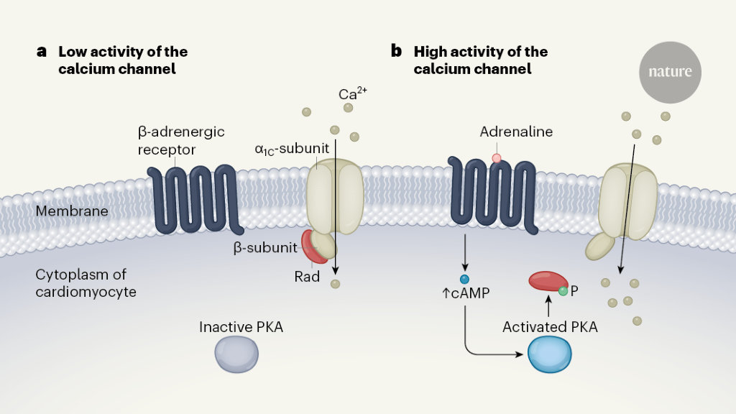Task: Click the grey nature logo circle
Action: [x=670, y=72]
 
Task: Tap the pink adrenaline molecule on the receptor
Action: [x=496, y=158]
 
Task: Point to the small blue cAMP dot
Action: [x=464, y=279]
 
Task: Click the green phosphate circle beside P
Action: [x=563, y=290]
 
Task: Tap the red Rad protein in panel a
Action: [x=313, y=247]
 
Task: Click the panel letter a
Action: [x=42, y=52]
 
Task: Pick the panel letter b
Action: [x=396, y=51]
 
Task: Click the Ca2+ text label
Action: [x=353, y=94]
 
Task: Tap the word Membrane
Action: [x=72, y=211]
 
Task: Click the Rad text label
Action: [x=307, y=277]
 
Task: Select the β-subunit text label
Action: [x=264, y=248]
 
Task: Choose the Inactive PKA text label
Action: [x=241, y=328]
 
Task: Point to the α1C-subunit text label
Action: [x=292, y=149]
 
